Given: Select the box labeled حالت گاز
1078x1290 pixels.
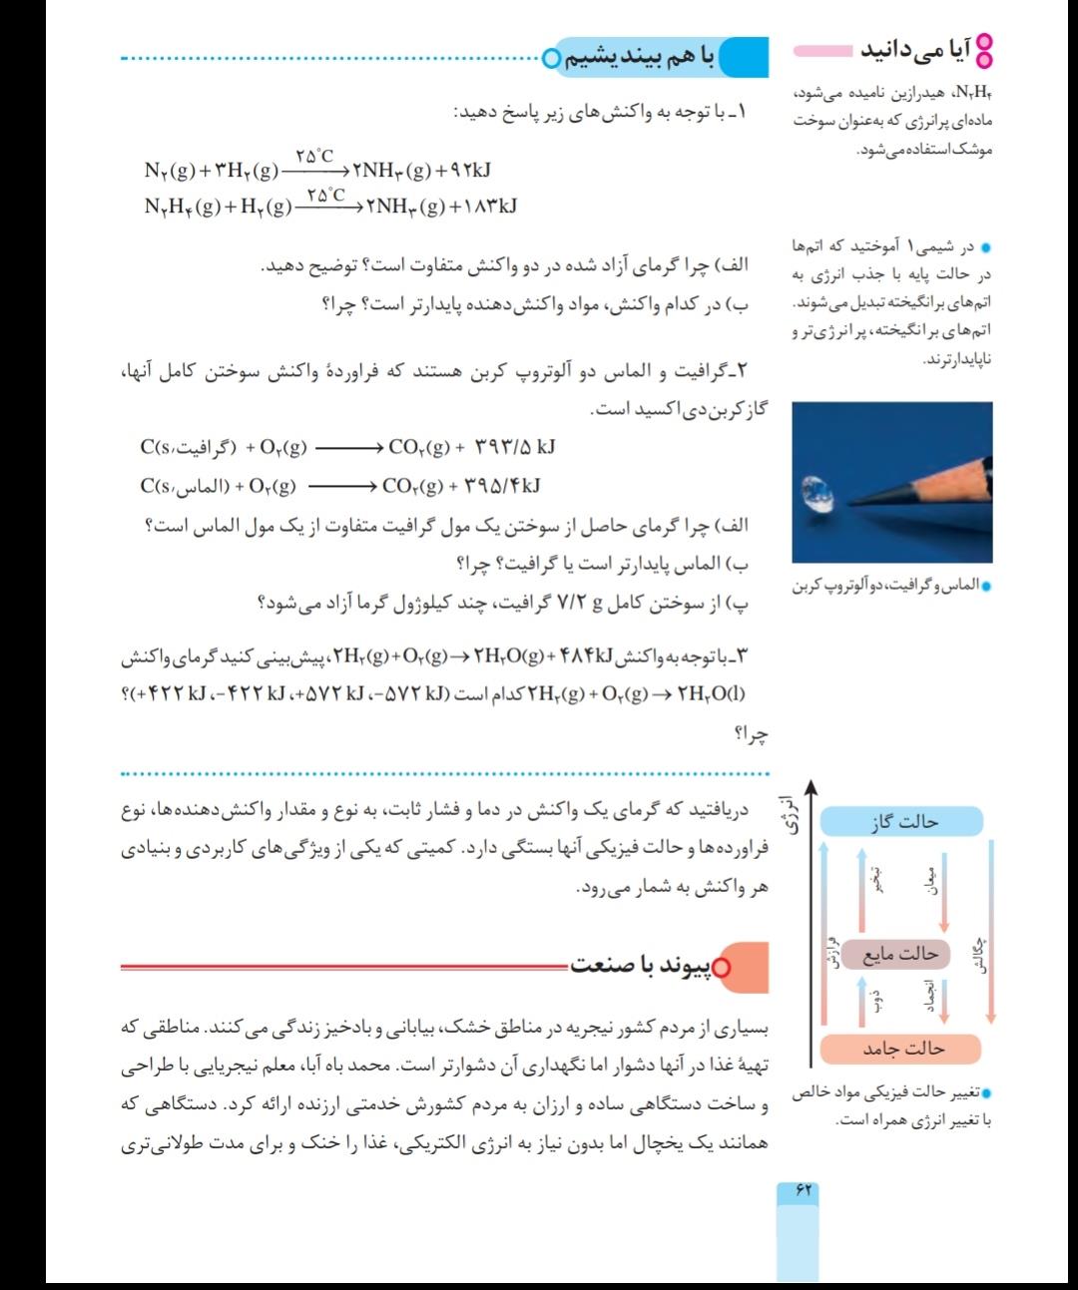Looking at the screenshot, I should (902, 822).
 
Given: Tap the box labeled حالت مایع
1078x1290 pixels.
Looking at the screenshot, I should (901, 954).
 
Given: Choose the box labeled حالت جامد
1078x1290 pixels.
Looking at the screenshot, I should (901, 1049).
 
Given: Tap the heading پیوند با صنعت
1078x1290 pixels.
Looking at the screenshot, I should (653, 966).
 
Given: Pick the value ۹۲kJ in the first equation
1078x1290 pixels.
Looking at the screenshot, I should (463, 171).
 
